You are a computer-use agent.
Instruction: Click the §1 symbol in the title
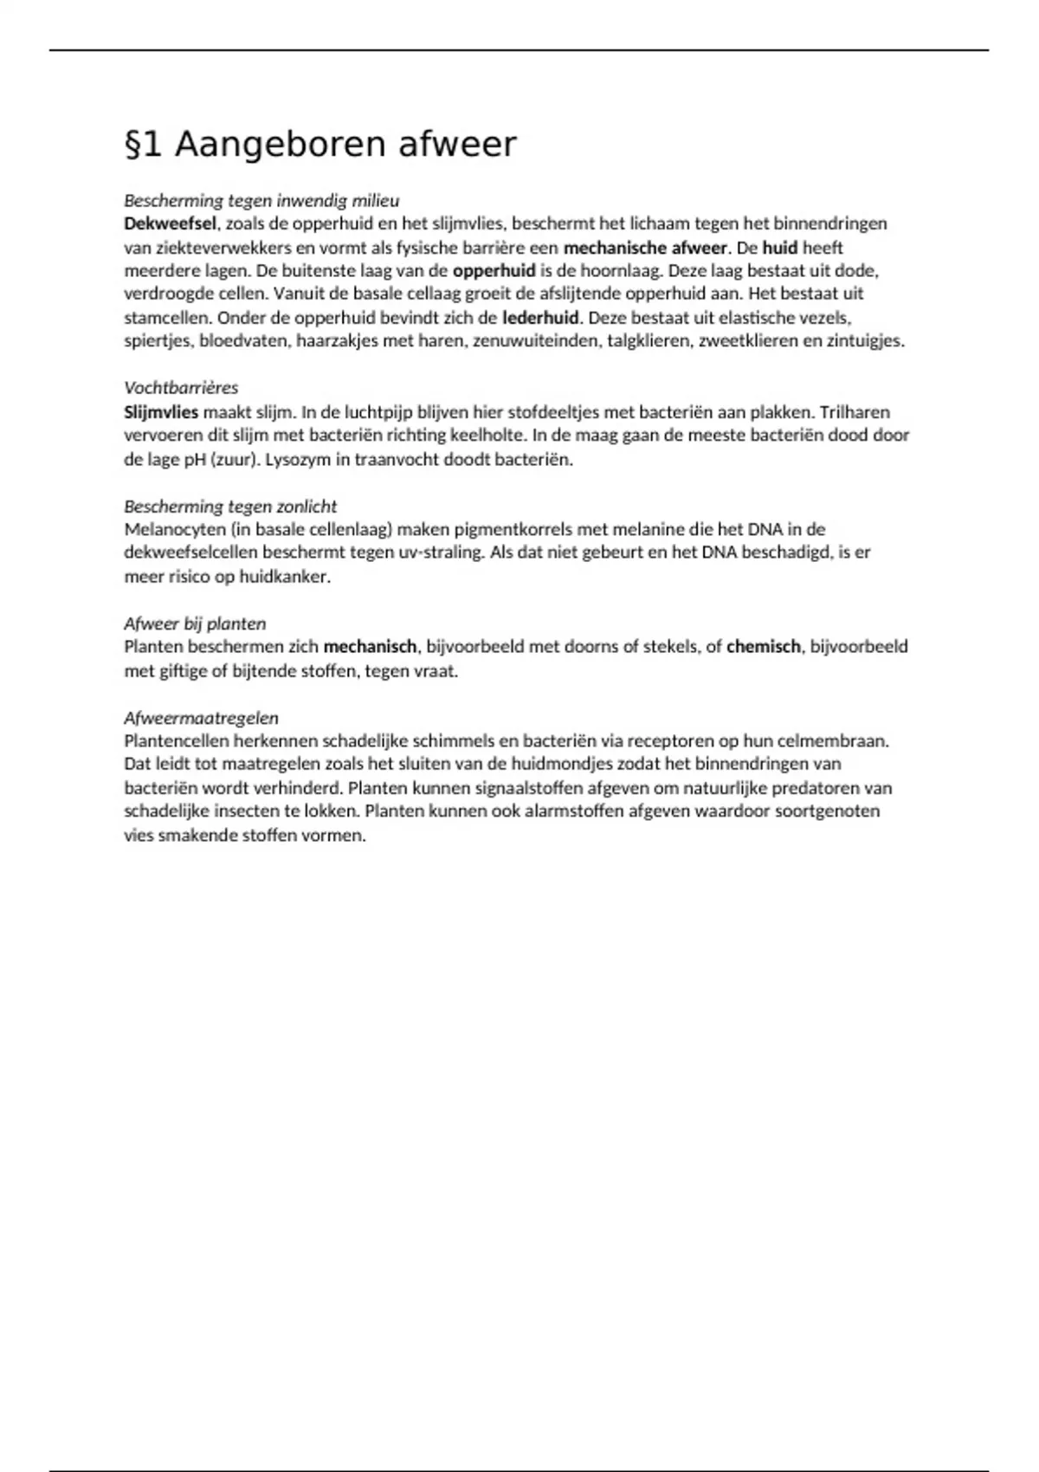click(144, 145)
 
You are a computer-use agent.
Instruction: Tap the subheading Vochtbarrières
click(181, 388)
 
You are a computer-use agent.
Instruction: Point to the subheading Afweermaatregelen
click(201, 718)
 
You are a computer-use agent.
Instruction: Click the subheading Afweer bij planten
click(195, 623)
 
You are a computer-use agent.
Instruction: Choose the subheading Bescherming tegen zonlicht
click(230, 507)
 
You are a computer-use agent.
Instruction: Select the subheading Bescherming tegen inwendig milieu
click(261, 201)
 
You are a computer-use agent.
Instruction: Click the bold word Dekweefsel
click(170, 223)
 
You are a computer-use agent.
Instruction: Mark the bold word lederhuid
click(539, 318)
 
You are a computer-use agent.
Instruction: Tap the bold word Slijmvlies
click(161, 412)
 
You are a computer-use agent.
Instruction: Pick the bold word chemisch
click(763, 647)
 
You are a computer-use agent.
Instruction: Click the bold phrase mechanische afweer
click(645, 248)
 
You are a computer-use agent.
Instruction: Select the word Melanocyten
click(173, 529)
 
